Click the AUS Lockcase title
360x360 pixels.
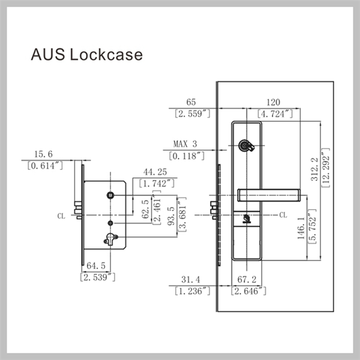(x=87, y=55)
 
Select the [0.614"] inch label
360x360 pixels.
(x=45, y=166)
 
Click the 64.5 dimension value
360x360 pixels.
(x=96, y=265)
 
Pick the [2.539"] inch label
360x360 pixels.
(x=97, y=277)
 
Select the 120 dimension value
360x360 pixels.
(x=274, y=102)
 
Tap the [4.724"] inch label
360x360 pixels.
(x=274, y=113)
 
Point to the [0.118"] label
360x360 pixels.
(x=186, y=156)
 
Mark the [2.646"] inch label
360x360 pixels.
(x=247, y=291)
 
